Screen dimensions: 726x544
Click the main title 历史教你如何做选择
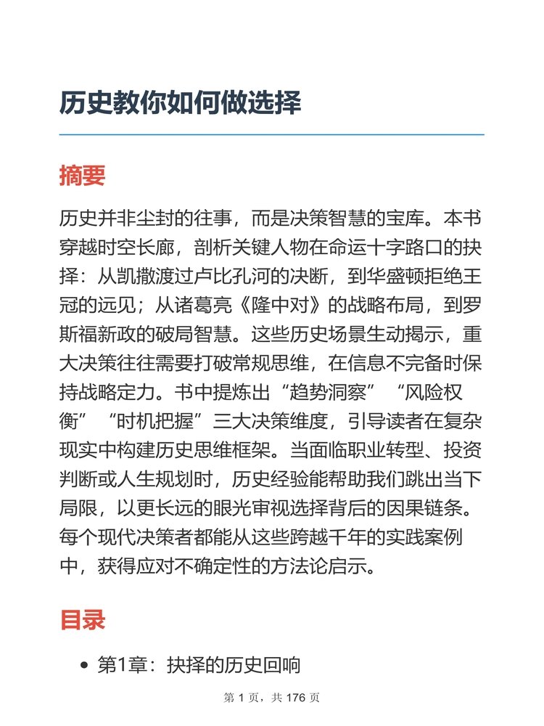pos(180,103)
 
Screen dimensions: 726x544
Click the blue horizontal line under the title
pos(271,135)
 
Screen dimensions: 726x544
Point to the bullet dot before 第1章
pos(84,666)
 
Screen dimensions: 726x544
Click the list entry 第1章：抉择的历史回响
pos(199,665)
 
